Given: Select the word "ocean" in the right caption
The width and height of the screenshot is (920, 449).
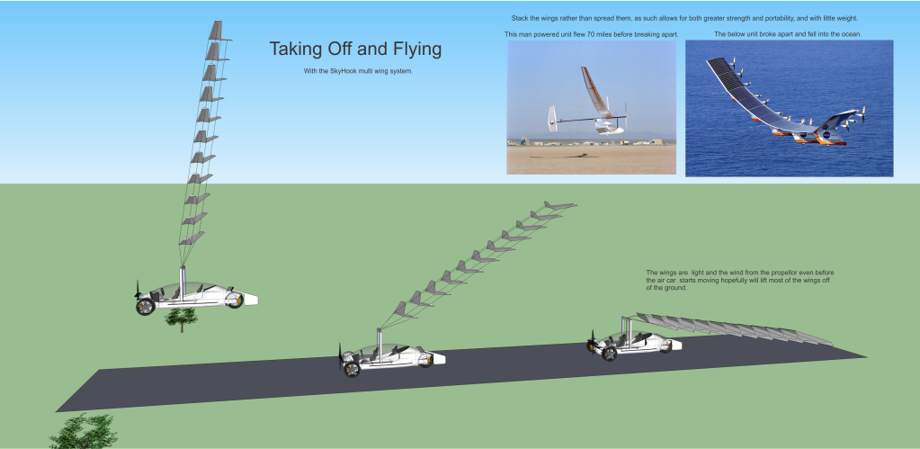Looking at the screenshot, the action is pyautogui.click(x=851, y=34).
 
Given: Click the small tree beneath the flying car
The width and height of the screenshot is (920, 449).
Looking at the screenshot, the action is pyautogui.click(x=182, y=319).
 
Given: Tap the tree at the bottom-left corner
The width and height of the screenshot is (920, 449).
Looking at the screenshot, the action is pyautogui.click(x=84, y=431).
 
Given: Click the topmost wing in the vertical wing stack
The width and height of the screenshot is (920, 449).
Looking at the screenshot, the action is pyautogui.click(x=219, y=31).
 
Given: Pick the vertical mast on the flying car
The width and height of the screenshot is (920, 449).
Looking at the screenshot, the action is pyautogui.click(x=183, y=284).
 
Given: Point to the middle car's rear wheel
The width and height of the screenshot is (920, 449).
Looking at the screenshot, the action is pyautogui.click(x=352, y=369).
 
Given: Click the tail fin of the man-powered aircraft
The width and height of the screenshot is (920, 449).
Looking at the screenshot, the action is pyautogui.click(x=551, y=119).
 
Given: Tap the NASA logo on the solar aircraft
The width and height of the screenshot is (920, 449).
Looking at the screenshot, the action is pyautogui.click(x=826, y=134).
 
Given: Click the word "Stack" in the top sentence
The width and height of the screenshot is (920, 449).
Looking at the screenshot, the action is pyautogui.click(x=520, y=18).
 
